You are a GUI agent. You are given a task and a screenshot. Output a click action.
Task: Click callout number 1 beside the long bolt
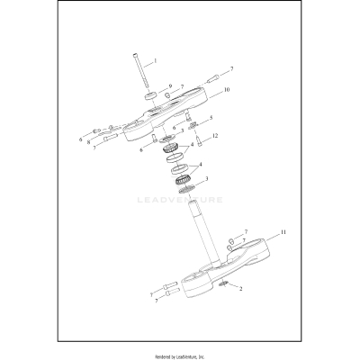[x=156, y=60]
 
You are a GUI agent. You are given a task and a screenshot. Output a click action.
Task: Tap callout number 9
[x=170, y=86]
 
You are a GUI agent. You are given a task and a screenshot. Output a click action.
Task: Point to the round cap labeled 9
[x=151, y=96]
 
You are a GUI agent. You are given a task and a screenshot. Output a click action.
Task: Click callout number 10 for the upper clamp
[x=227, y=90]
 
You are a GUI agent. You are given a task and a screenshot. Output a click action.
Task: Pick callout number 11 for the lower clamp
[x=283, y=232]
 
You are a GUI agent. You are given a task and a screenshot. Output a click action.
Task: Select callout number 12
[x=214, y=136]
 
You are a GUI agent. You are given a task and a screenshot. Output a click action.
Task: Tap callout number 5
[x=211, y=118]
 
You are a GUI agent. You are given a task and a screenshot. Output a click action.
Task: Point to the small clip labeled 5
[x=193, y=125]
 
